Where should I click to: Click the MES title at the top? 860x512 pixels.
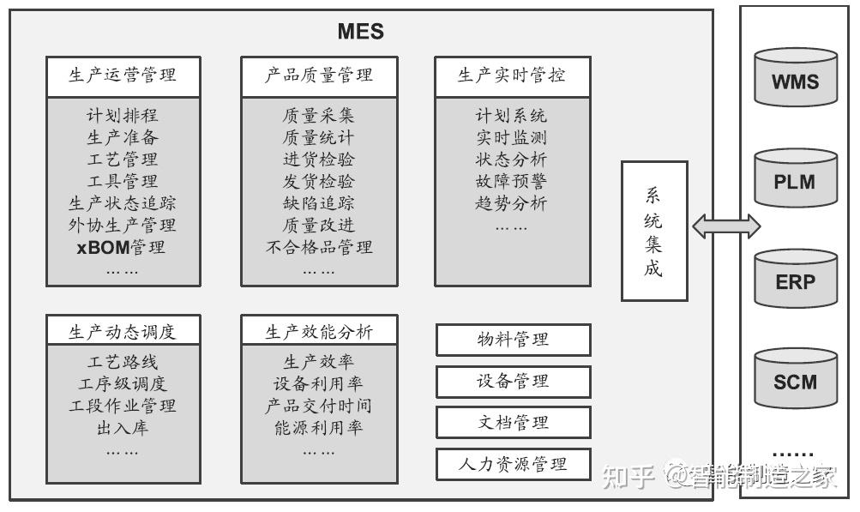tap(360, 33)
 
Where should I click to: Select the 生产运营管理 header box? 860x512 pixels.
tap(123, 75)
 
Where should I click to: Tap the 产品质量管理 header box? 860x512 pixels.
tap(319, 75)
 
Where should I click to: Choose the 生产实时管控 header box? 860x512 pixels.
tap(512, 75)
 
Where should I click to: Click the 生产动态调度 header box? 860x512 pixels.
tap(123, 331)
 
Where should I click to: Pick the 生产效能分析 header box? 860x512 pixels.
tap(319, 331)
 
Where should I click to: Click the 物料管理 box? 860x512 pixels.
tap(513, 340)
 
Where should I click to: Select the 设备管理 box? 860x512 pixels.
tap(513, 381)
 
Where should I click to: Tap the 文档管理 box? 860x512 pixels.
tap(513, 422)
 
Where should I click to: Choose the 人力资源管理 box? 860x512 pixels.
tap(513, 464)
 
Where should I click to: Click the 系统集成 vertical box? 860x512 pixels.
tap(654, 231)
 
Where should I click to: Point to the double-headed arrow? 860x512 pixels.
tap(726, 226)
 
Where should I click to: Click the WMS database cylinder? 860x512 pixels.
tap(795, 79)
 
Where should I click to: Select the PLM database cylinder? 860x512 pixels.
tap(795, 178)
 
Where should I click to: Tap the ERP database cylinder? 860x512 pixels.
tap(795, 279)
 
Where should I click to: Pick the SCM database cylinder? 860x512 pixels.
tap(795, 379)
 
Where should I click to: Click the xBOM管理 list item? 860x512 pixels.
tap(121, 248)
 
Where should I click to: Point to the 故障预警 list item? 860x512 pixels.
tap(511, 181)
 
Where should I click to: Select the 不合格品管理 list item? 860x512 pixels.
tap(319, 248)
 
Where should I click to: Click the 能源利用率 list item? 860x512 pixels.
tap(318, 427)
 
